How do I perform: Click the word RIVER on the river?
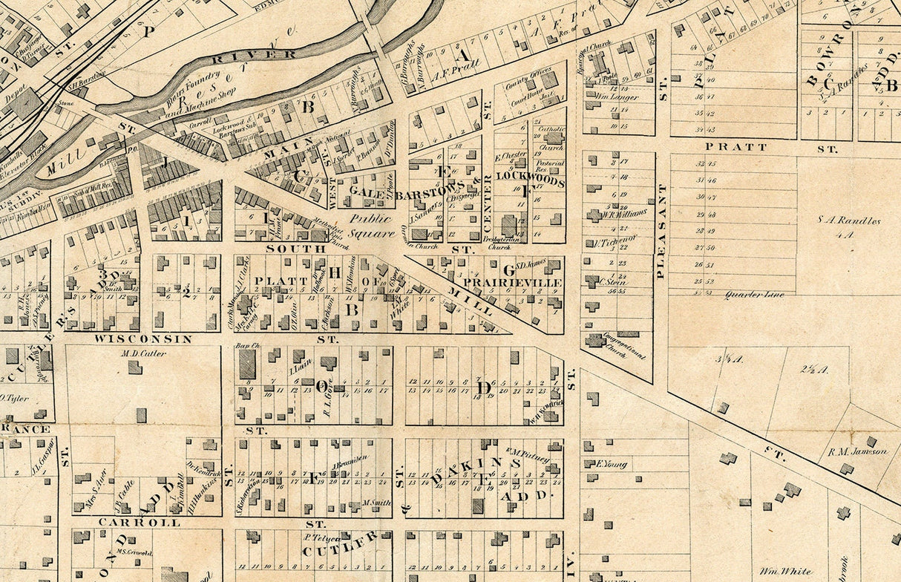point(254,54)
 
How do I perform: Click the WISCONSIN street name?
point(142,339)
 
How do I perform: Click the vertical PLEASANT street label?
point(660,231)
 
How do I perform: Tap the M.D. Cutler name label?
point(143,353)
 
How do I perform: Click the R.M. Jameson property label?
point(858,451)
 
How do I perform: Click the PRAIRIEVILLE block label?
point(513,283)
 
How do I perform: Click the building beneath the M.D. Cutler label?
point(134,367)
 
